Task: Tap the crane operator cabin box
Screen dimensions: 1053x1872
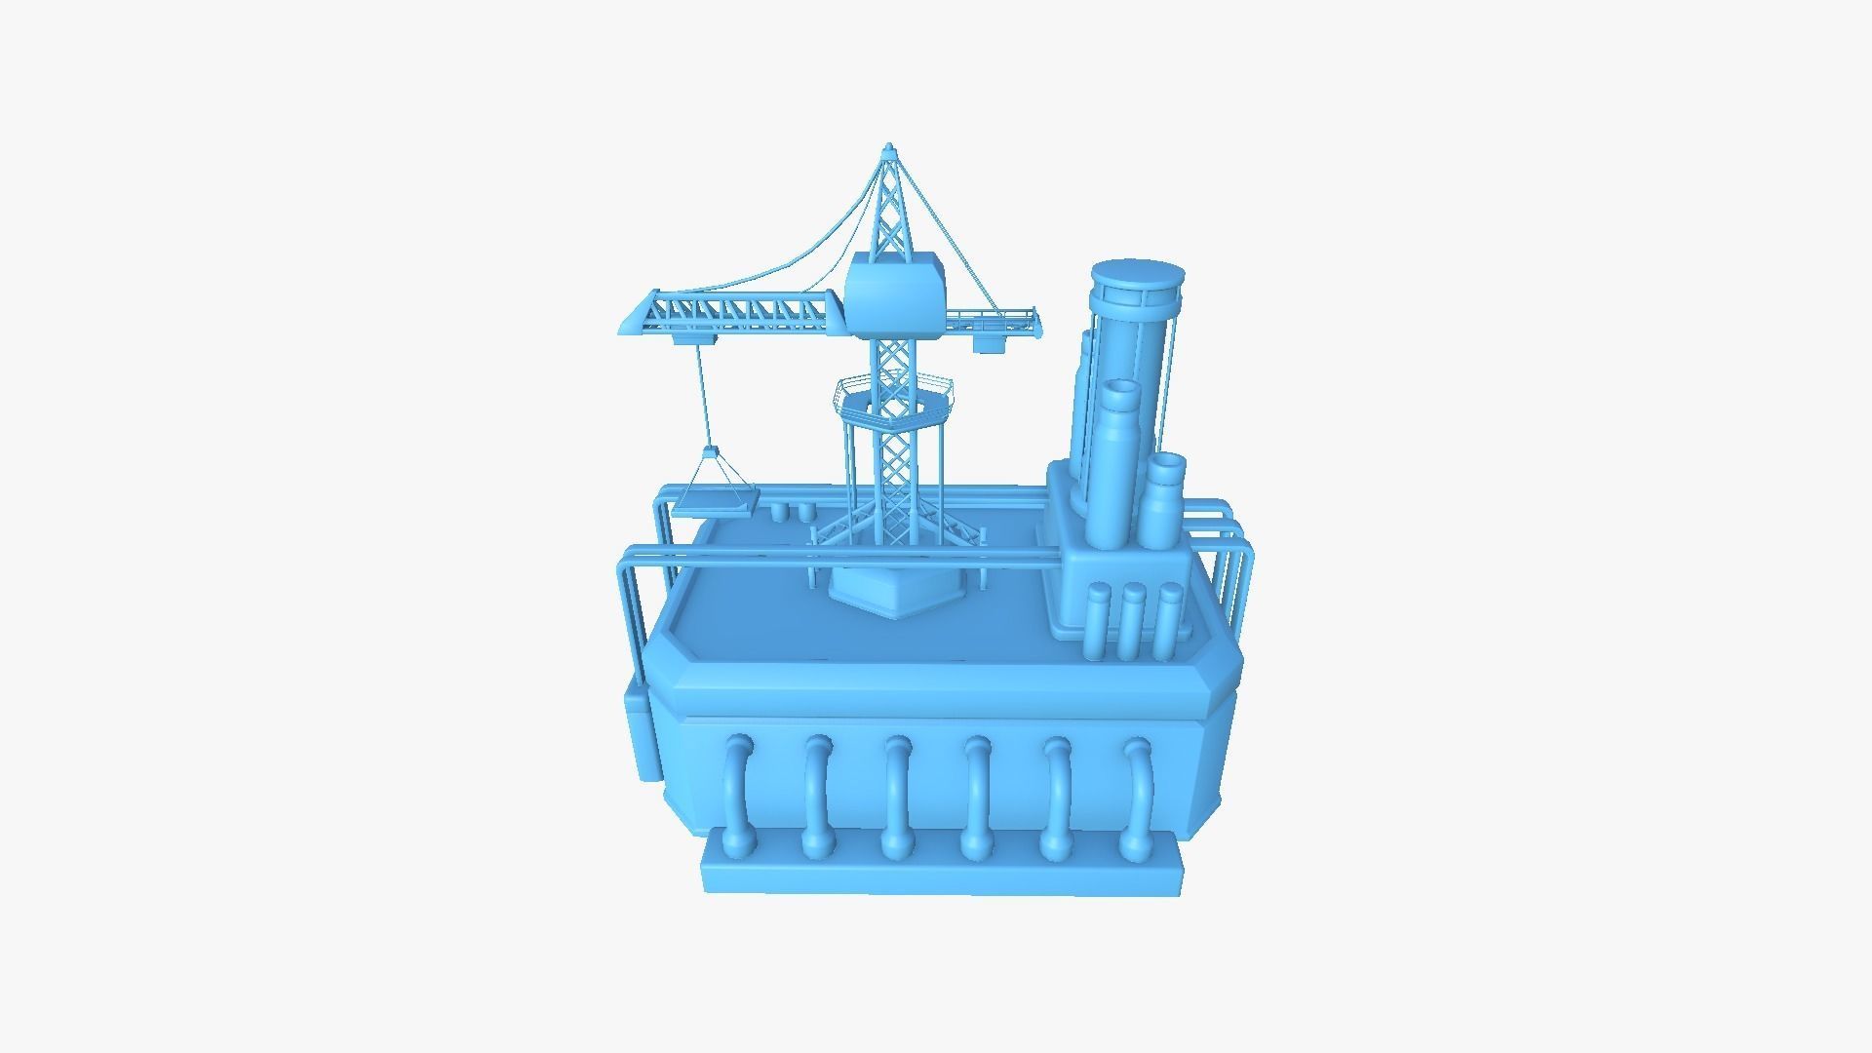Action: [895, 291]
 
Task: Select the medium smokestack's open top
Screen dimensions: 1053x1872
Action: [1121, 389]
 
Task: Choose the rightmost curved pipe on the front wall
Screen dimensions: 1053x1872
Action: [1137, 795]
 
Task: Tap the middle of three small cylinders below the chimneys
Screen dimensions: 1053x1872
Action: [1132, 624]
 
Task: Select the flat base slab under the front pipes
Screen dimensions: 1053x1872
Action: [941, 873]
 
